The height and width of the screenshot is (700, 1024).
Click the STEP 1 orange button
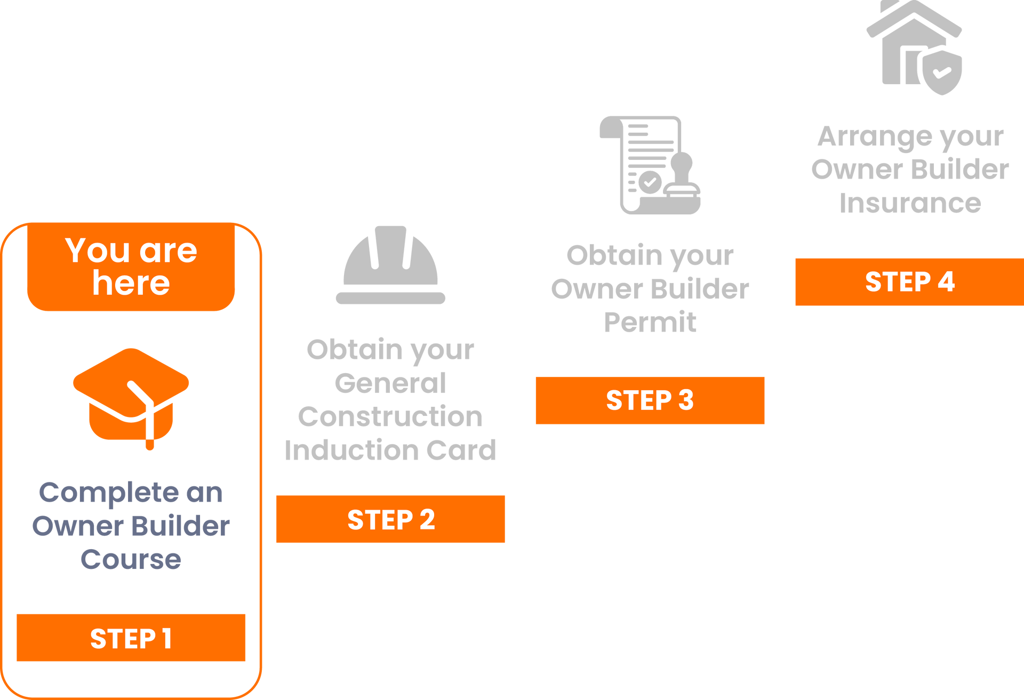[131, 638]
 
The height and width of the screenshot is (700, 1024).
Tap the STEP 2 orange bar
[390, 519]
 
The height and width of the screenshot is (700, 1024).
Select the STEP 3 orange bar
[650, 400]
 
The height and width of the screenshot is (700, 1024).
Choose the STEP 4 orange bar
[910, 282]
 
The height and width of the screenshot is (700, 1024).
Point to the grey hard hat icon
[390, 265]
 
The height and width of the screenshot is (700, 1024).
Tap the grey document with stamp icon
[650, 165]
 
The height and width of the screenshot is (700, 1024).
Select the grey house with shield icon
[914, 48]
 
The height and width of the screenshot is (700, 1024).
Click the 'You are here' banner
[131, 267]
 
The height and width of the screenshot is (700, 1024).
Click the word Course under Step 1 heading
[131, 559]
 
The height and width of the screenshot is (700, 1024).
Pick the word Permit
[650, 322]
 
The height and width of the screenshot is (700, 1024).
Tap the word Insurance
[910, 203]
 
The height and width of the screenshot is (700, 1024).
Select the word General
[390, 383]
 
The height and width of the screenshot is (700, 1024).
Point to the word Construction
[390, 416]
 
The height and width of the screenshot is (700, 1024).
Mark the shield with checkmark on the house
[942, 73]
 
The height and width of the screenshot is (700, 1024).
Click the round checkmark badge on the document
[650, 182]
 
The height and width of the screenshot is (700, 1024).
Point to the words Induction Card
[390, 450]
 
